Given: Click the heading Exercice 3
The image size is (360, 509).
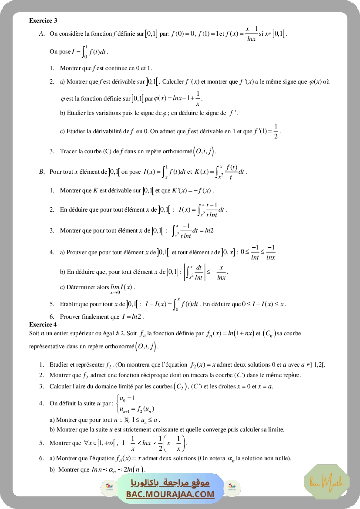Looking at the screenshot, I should point(43,20).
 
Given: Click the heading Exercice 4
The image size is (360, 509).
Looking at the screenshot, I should point(43,324).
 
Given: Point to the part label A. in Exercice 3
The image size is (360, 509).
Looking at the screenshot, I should point(42,34).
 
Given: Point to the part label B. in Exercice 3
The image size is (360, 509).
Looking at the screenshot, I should point(42,172).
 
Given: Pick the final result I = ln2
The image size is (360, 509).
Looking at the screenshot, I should point(133,317).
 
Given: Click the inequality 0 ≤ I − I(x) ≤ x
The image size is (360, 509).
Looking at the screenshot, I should point(263,304).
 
